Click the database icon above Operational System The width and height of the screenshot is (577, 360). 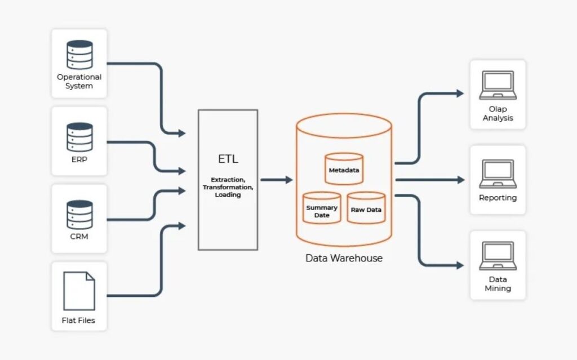(x=79, y=55)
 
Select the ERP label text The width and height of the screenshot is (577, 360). (x=79, y=159)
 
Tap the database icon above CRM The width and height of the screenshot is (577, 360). (x=79, y=214)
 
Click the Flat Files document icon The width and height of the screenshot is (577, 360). (x=79, y=291)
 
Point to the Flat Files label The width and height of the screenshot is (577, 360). (x=79, y=321)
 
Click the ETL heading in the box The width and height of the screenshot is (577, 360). (x=228, y=159)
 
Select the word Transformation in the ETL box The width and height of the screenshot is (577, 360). (x=228, y=187)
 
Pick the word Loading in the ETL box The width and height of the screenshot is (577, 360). (x=228, y=195)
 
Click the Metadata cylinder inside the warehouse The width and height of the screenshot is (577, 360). (x=344, y=170)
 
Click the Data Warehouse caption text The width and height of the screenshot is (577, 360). (x=344, y=259)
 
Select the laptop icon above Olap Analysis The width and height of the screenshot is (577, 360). (x=498, y=85)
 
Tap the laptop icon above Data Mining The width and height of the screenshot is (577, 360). (x=498, y=256)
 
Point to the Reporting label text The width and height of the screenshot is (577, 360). (x=498, y=198)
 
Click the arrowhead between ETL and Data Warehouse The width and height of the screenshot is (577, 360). (x=289, y=180)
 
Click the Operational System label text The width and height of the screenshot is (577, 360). (x=79, y=82)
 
